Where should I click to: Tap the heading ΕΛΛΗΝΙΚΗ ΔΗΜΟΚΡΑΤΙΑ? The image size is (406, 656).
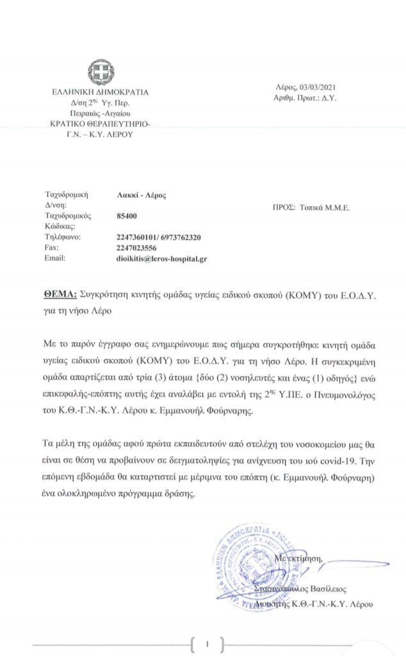pos(100,92)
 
